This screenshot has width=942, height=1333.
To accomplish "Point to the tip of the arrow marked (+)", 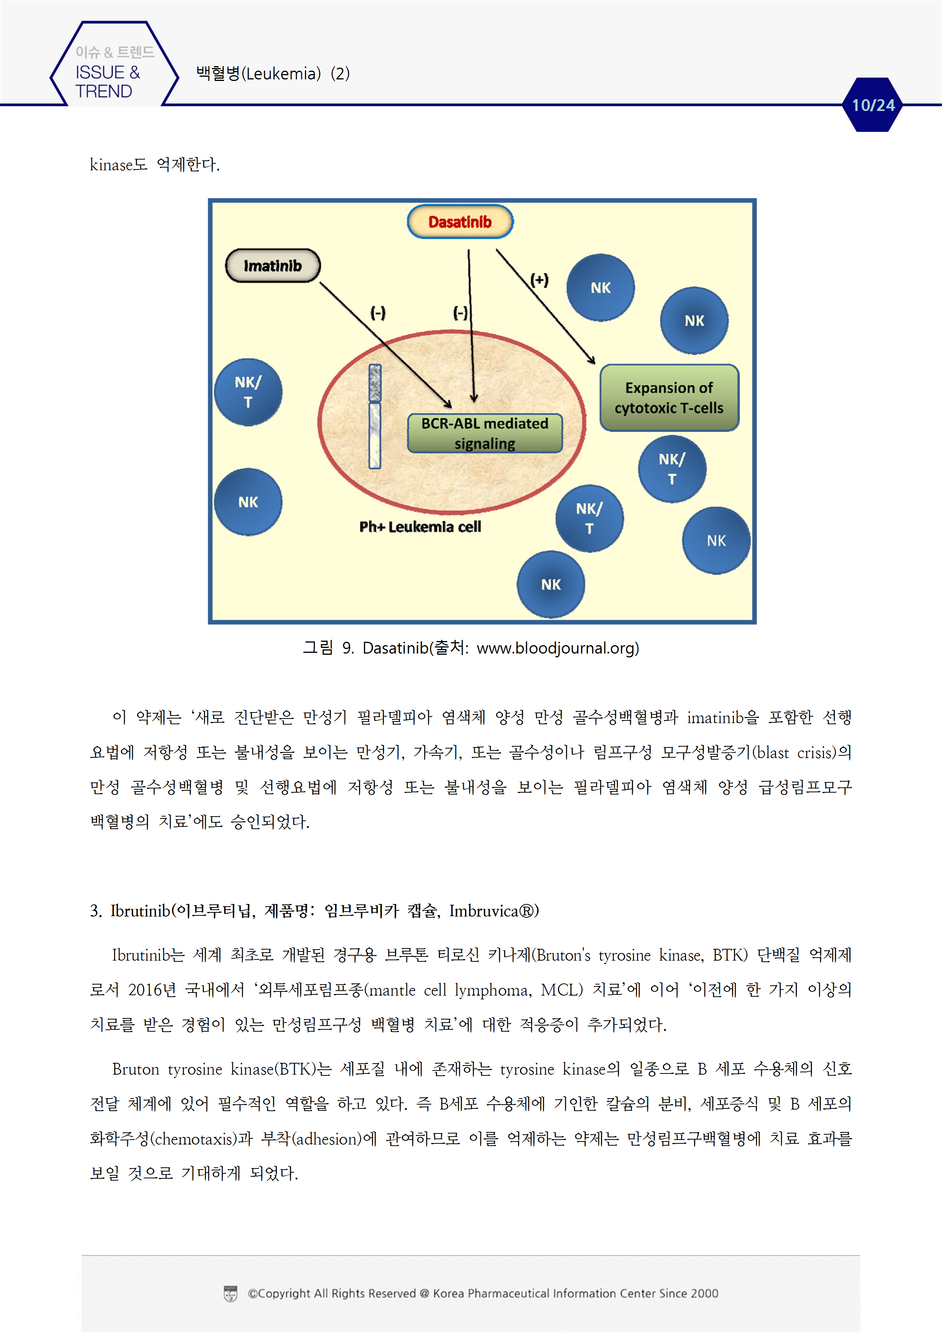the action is click(x=595, y=363).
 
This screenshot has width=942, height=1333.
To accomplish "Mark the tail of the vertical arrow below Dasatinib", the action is click(x=469, y=250).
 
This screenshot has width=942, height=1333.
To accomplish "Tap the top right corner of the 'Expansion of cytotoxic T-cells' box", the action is click(x=739, y=365).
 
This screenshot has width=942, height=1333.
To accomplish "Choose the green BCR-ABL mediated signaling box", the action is click(x=485, y=433).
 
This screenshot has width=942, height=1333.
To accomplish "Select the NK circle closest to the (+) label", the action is click(x=600, y=287).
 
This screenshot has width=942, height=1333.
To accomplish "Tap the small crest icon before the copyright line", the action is click(x=231, y=1293).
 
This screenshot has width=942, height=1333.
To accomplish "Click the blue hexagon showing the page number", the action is click(x=873, y=105).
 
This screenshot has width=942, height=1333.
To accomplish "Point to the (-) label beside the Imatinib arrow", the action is click(x=378, y=313).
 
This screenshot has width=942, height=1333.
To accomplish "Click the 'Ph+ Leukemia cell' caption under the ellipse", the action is click(x=420, y=527).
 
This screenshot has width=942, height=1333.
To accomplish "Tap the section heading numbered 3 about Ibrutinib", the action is click(x=314, y=911).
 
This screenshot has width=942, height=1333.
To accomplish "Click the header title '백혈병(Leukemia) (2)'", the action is click(x=273, y=74).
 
